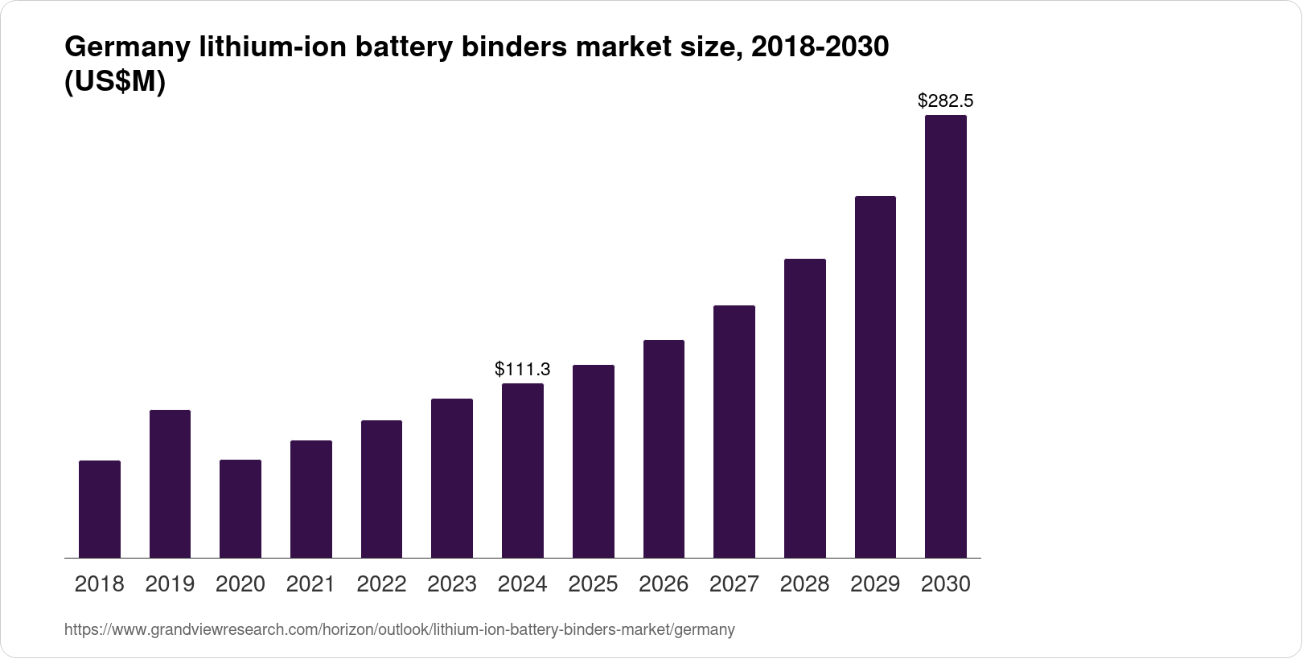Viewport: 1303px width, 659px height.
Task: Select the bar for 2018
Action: click(100, 509)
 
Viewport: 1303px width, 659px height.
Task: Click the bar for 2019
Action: click(170, 484)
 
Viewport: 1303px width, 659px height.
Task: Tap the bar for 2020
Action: click(240, 509)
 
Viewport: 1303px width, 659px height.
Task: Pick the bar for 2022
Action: click(381, 489)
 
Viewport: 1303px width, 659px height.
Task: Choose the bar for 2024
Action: click(523, 470)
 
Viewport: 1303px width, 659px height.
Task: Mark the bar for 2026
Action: click(664, 448)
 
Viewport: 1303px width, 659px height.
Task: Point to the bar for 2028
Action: click(804, 408)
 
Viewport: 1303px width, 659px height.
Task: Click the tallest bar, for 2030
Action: click(946, 336)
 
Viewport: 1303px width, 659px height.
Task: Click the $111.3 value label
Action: click(523, 370)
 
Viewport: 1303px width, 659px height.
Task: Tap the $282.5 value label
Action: click(946, 101)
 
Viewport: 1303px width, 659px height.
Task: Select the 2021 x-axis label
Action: click(310, 584)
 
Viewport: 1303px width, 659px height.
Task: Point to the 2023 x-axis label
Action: click(452, 584)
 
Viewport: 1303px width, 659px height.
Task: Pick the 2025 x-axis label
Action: click(593, 584)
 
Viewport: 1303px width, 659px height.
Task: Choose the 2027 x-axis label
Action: click(734, 584)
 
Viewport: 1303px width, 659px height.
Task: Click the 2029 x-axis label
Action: click(875, 584)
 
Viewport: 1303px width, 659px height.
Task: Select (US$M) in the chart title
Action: click(114, 83)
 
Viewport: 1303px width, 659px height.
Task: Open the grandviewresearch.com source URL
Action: click(399, 630)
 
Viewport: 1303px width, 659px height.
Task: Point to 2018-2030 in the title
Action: click(819, 48)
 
